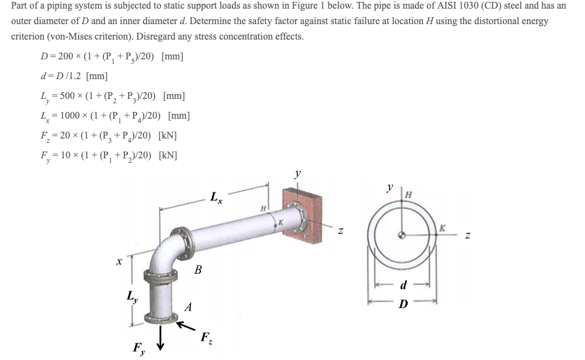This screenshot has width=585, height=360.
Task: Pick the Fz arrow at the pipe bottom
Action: [184, 325]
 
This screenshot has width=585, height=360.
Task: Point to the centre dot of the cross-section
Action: [403, 234]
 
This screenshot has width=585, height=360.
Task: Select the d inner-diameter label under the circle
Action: [403, 286]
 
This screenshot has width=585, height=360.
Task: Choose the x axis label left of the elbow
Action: [117, 262]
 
